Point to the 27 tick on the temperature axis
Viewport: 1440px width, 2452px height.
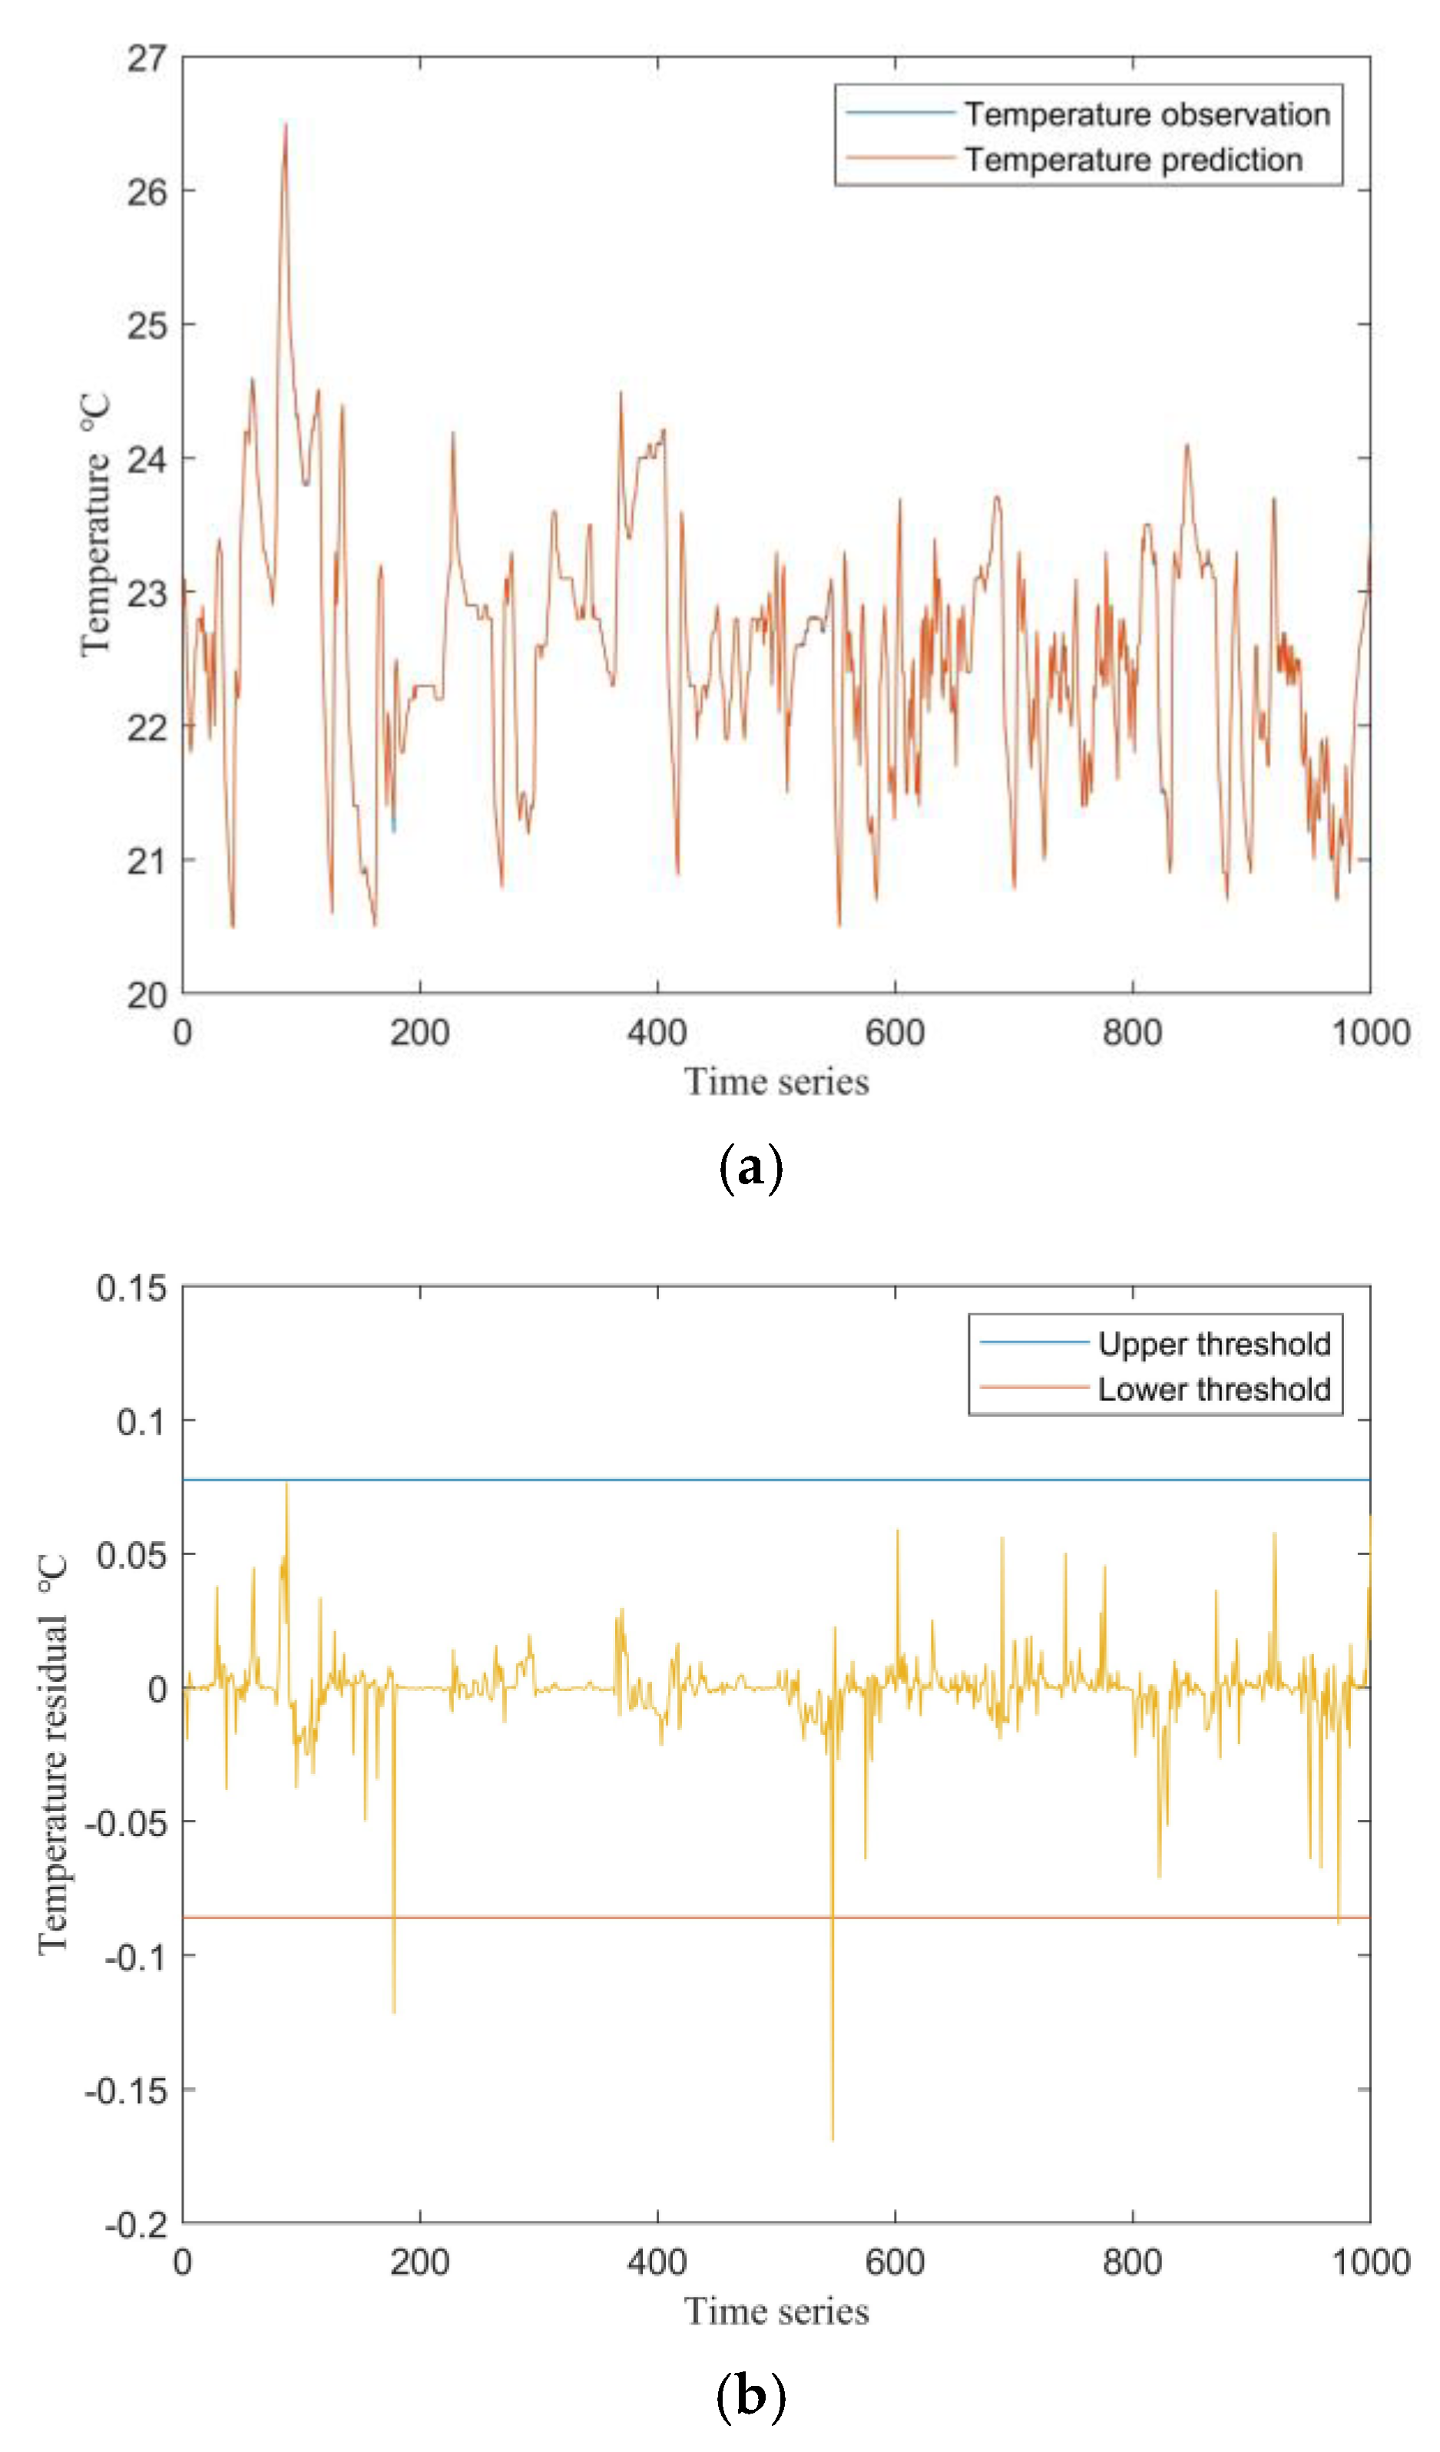pos(147,58)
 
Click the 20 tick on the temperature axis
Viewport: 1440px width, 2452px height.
pos(147,994)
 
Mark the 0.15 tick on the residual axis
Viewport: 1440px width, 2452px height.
pos(131,1287)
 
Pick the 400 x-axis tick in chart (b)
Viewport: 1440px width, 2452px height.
pos(657,2262)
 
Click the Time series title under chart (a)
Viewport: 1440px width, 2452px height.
pos(776,1082)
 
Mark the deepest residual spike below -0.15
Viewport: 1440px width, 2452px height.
pos(832,2138)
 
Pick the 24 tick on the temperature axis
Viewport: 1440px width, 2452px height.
pos(147,459)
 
